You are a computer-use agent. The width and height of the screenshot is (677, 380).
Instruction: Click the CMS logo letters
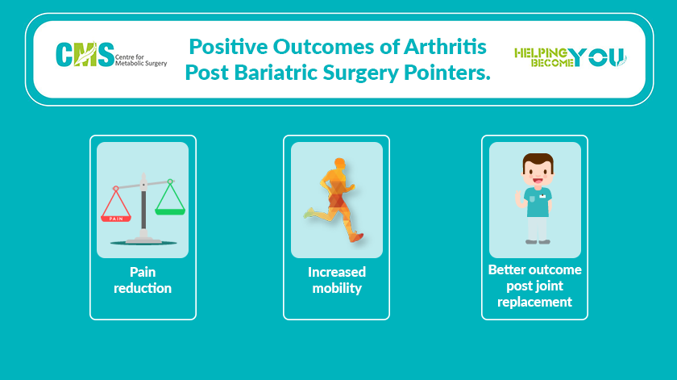click(x=85, y=55)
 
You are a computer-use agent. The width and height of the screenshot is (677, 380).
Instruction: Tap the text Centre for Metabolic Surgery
click(x=141, y=60)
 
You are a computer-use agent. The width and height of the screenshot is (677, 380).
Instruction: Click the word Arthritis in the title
click(x=445, y=47)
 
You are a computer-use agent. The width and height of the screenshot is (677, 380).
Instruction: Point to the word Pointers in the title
click(x=446, y=72)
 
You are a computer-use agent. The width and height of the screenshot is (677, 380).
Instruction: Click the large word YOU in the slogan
click(x=596, y=57)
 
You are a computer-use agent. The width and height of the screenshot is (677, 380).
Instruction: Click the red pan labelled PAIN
click(x=116, y=219)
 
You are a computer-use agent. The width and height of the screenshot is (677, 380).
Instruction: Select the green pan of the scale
click(x=170, y=211)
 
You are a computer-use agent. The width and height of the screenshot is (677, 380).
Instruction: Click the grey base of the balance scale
click(x=143, y=240)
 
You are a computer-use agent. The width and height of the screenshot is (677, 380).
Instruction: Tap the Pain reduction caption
click(x=143, y=280)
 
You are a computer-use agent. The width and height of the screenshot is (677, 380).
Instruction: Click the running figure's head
click(x=340, y=164)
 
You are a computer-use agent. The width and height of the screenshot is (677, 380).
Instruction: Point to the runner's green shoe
click(x=309, y=213)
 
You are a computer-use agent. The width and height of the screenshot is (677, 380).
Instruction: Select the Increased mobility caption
click(x=337, y=280)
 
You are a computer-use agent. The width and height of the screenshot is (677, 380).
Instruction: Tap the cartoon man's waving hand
click(x=518, y=198)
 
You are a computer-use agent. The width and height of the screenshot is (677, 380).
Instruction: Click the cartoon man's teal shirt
click(x=538, y=202)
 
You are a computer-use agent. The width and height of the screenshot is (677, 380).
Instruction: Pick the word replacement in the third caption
click(x=534, y=302)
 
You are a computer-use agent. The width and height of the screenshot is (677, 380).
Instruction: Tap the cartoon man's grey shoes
click(x=538, y=242)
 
